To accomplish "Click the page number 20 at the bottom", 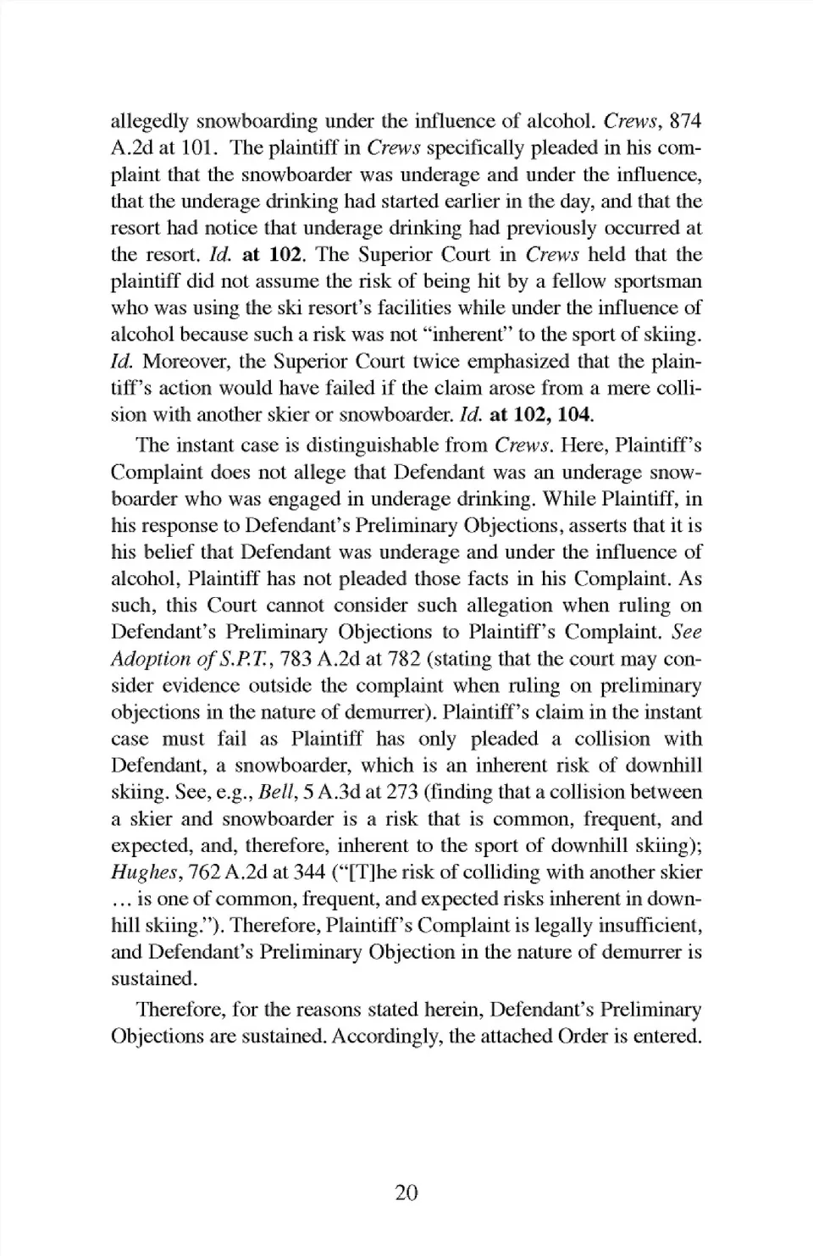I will tap(406, 1193).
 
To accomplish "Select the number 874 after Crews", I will tap(685, 121).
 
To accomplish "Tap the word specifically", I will tap(487, 148).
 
